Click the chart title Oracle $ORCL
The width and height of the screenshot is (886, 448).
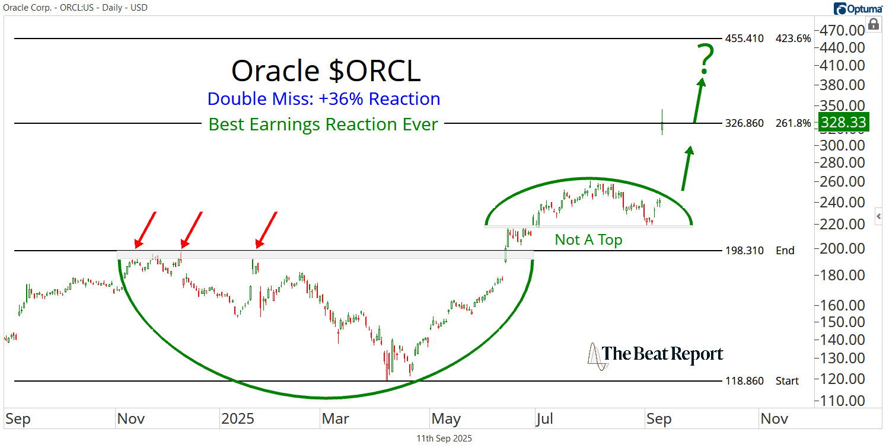[326, 71]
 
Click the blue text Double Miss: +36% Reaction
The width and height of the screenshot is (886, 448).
[324, 99]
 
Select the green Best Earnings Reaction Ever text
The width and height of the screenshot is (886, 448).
[323, 124]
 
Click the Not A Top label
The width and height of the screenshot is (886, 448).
[588, 239]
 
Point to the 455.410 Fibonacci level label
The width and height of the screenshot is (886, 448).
[744, 39]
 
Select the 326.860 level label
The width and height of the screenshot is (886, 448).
[744, 123]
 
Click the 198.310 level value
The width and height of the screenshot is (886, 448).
[744, 250]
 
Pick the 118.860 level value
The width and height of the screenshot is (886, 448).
[744, 380]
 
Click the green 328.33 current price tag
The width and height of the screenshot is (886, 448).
[843, 122]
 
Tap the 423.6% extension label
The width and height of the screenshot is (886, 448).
[792, 39]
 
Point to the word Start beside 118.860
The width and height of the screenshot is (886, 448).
[787, 380]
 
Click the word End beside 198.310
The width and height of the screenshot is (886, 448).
[785, 250]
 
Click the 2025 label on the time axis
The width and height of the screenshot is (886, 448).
[237, 419]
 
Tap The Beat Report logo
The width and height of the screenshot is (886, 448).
[655, 355]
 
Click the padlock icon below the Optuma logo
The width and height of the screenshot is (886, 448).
[873, 24]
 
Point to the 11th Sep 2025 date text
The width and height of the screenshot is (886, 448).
[444, 439]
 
